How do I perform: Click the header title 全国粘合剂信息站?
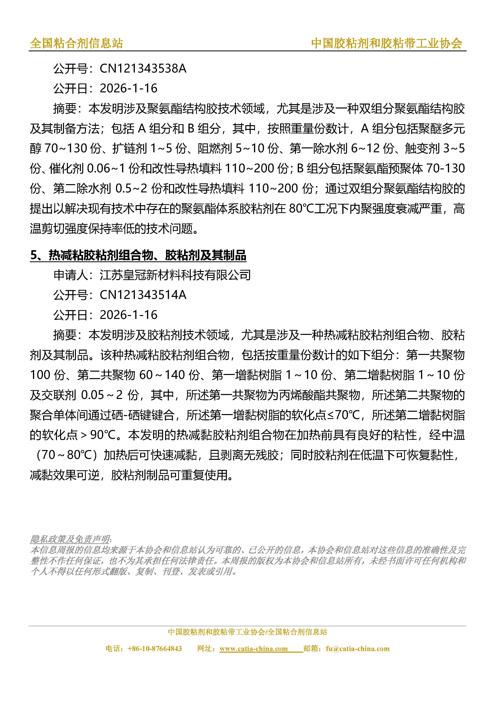[76, 43]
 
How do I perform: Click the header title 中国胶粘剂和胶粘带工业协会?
[386, 43]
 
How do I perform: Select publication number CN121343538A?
[143, 68]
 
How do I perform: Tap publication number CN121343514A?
[143, 295]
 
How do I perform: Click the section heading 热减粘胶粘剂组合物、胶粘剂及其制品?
[147, 255]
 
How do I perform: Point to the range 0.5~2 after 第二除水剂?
[132, 189]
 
